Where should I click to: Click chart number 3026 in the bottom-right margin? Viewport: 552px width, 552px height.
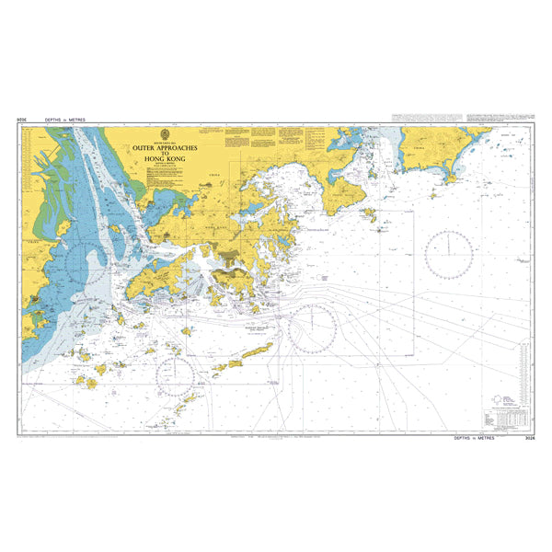point(529,439)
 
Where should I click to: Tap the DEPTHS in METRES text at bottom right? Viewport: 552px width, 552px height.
point(476,439)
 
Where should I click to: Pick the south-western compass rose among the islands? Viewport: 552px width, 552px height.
point(175,376)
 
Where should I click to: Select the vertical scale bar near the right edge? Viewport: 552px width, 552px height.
point(523,368)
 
